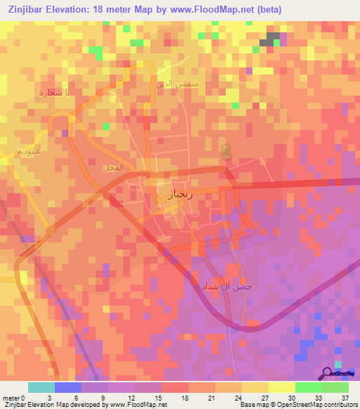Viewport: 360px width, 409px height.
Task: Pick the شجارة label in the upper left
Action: [x=51, y=92]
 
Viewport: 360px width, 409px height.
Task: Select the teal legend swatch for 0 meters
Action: [x=41, y=387]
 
